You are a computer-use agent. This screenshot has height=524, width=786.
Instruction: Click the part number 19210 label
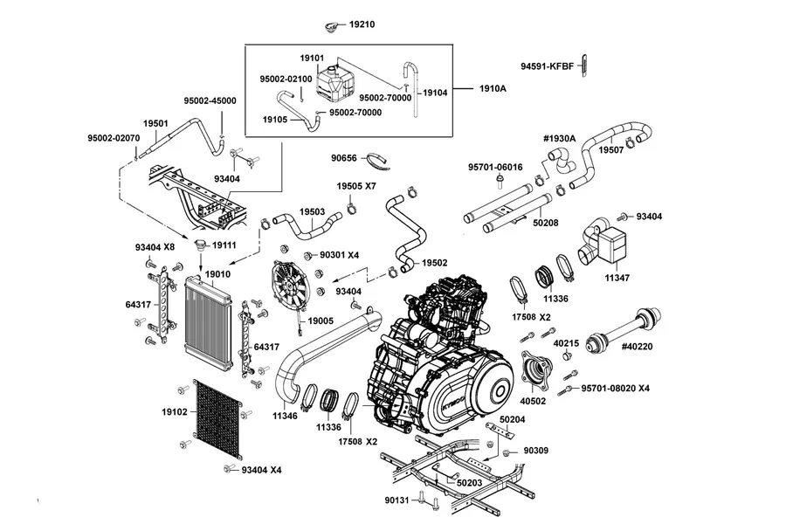click(362, 24)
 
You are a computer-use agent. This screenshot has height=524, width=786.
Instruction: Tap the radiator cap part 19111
click(201, 245)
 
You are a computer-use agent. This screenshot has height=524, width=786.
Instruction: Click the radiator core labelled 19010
click(208, 323)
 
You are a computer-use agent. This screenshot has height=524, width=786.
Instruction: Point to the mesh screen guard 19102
click(217, 418)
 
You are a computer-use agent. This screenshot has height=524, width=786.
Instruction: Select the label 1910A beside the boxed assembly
click(493, 89)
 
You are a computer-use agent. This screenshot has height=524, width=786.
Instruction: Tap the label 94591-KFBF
click(547, 66)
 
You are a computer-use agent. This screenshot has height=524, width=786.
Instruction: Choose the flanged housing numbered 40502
click(537, 372)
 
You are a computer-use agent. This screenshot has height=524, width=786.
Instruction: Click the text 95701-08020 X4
click(616, 388)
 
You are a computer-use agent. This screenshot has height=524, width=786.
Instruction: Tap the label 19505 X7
click(356, 186)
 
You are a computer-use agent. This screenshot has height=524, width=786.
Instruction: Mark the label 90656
click(344, 158)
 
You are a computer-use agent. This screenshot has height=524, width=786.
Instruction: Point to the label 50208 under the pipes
click(545, 223)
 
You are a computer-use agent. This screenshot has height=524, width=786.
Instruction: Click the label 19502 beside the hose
click(435, 263)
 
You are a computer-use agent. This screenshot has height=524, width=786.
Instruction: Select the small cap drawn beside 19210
click(330, 27)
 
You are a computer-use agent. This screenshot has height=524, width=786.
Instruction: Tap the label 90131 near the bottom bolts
click(397, 500)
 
